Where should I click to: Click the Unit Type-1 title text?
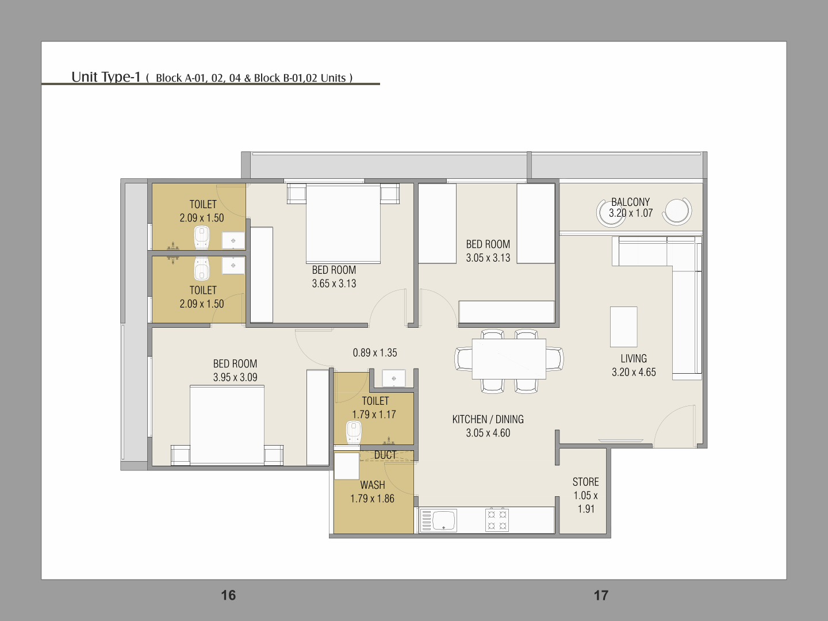tap(106, 77)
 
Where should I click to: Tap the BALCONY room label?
tap(631, 202)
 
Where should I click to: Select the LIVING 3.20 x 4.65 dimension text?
tap(634, 372)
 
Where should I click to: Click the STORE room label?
tap(585, 482)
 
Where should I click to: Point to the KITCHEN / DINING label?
tap(488, 419)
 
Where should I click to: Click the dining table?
tap(509, 359)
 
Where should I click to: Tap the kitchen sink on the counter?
tap(439, 520)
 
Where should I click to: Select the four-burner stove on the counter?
tap(497, 520)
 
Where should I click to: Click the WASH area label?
tap(373, 485)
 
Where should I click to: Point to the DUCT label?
tap(385, 455)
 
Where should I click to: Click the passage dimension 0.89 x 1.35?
tap(375, 352)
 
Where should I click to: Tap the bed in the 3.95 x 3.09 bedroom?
tap(227, 425)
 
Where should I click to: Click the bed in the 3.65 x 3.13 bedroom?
tap(343, 223)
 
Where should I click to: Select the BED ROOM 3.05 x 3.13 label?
tap(488, 251)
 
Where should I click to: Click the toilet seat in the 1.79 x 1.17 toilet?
tap(354, 432)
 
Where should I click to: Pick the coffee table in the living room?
tap(623, 327)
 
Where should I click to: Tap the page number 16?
tap(228, 595)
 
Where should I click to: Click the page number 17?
tap(601, 595)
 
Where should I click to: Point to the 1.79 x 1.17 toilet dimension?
tap(374, 415)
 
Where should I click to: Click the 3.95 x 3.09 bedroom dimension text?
tap(235, 377)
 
